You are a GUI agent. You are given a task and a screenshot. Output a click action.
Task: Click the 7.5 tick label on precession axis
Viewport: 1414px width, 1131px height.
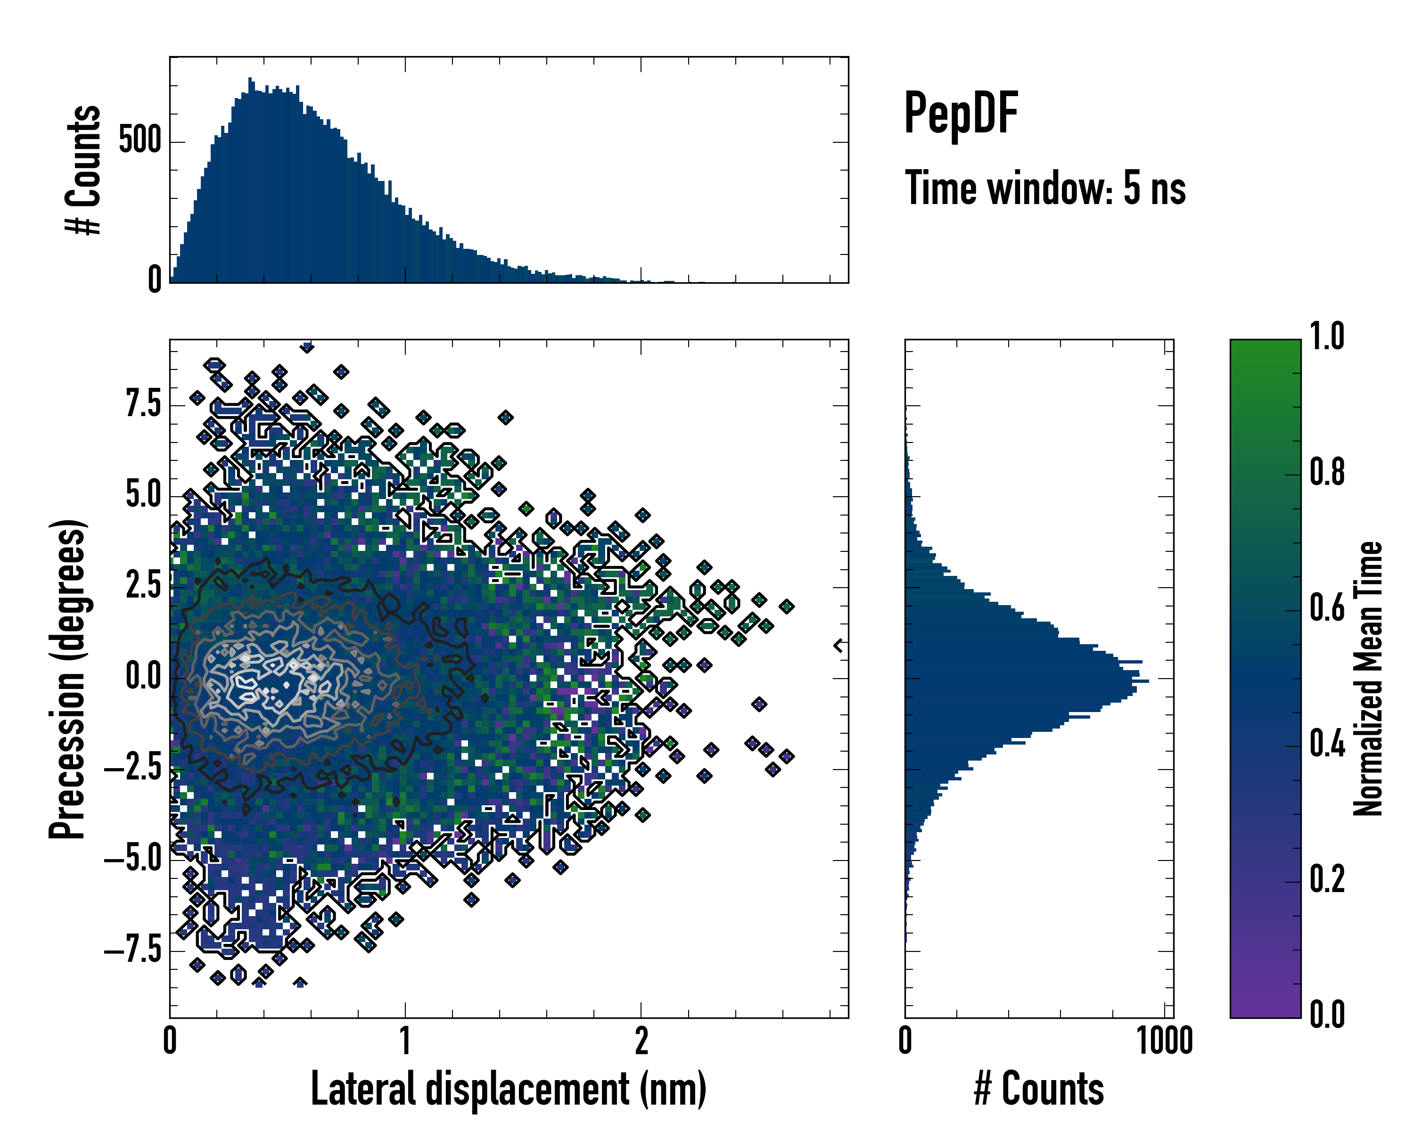tap(144, 404)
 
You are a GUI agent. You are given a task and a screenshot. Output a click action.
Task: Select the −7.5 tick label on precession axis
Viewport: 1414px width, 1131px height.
tap(133, 950)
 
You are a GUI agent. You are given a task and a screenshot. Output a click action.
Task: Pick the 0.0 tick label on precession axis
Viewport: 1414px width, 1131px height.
tap(144, 677)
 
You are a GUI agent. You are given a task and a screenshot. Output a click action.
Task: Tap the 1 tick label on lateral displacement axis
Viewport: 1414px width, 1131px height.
tap(405, 1041)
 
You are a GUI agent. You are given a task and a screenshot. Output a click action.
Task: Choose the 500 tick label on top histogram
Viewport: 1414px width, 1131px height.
tap(140, 141)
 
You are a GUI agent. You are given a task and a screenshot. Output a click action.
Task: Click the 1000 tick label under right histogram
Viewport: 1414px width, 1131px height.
tap(1165, 1041)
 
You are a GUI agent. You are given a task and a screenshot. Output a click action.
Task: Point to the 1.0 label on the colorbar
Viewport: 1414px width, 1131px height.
tap(1327, 337)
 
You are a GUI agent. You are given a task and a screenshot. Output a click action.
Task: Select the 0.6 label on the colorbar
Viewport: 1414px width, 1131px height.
tap(1327, 608)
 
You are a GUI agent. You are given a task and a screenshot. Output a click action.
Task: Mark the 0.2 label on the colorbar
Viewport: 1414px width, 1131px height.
tap(1327, 880)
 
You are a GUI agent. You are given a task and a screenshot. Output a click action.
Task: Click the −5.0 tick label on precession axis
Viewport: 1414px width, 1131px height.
tap(133, 859)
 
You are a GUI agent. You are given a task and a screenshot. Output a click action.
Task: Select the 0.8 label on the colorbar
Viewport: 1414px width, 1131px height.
tap(1327, 473)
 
